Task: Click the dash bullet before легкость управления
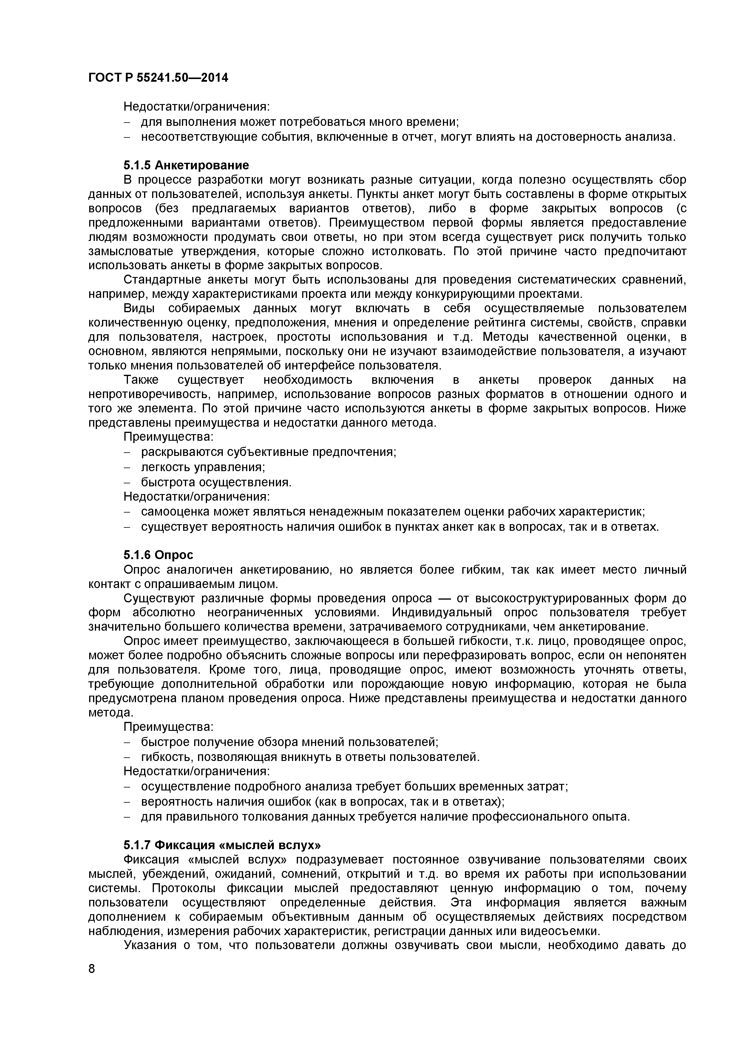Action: pyautogui.click(x=127, y=468)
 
